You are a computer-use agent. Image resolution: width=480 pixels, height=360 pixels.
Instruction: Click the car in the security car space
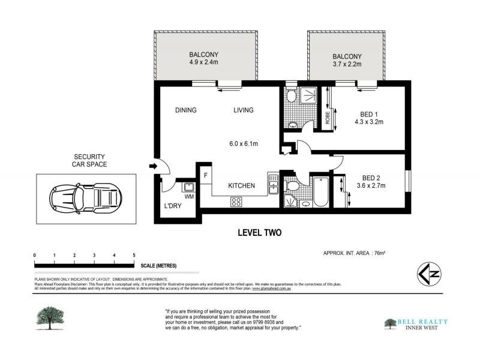pos(86,197)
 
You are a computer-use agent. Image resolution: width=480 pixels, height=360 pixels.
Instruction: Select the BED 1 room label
pos(370,114)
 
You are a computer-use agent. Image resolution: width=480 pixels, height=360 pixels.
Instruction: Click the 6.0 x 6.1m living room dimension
pos(243,144)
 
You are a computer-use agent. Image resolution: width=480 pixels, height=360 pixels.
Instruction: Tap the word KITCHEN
pos(242,186)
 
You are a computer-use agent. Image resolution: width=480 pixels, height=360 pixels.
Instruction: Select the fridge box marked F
pos(205,176)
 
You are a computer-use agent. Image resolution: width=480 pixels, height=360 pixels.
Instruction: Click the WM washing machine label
pos(189,196)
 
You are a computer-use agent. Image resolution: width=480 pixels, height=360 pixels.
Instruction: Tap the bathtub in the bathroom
pos(320,191)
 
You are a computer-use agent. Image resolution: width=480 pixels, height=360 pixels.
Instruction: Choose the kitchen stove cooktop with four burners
pos(236,202)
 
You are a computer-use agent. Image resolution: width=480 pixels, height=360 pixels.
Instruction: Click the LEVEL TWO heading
pos(259,233)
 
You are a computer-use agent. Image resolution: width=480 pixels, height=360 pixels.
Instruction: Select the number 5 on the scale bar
pos(133,256)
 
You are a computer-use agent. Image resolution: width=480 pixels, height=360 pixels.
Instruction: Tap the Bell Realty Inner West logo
pos(414,324)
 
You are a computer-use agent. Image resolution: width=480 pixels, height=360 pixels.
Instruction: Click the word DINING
pos(186,110)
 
